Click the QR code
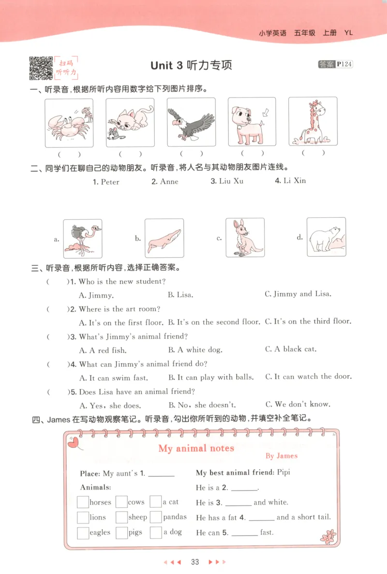(x=41, y=68)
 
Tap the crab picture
(x=69, y=123)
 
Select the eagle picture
(x=191, y=123)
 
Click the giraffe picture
(x=312, y=122)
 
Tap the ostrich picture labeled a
(x=83, y=238)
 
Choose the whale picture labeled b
(x=164, y=238)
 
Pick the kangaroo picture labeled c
(x=245, y=238)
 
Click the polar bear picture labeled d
(x=326, y=237)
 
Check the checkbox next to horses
(x=83, y=502)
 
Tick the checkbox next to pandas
(x=155, y=517)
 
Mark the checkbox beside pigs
(x=121, y=532)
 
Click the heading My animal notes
(x=196, y=448)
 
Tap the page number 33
(x=195, y=562)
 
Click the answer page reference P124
(x=345, y=64)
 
